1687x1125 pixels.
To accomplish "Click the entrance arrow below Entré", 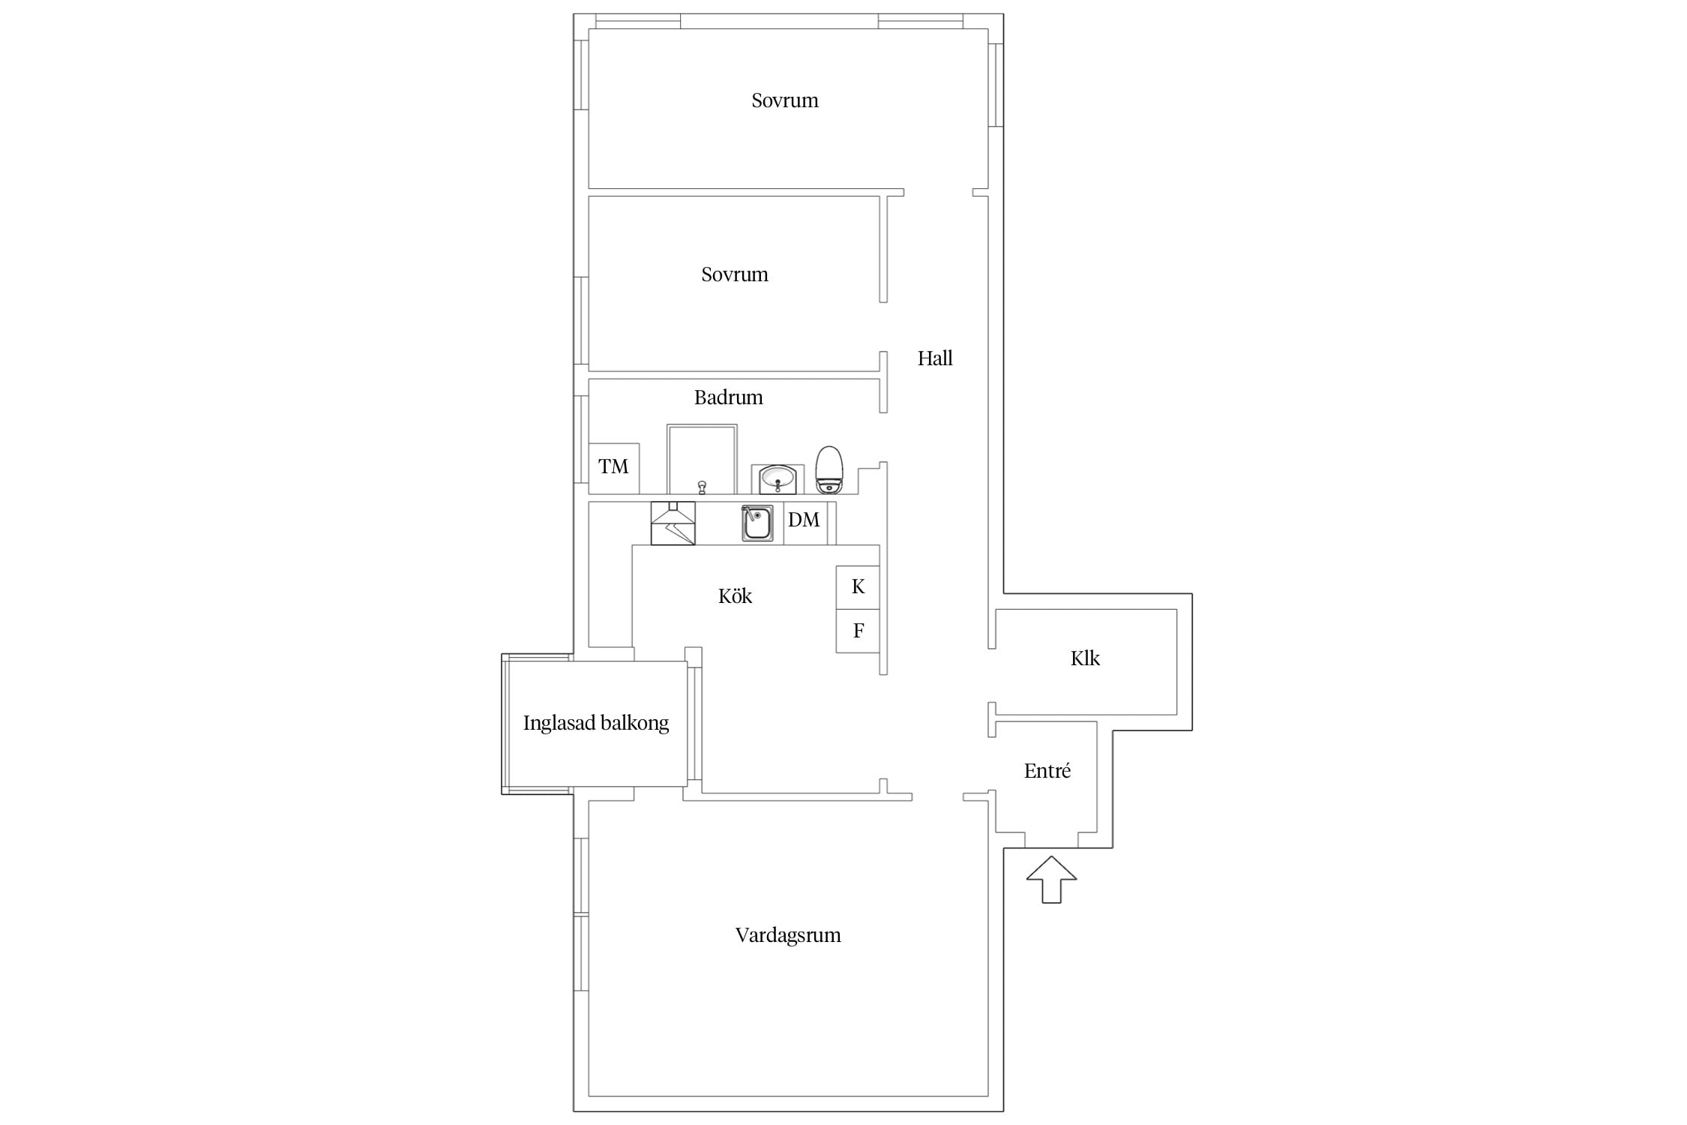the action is [x=1051, y=879].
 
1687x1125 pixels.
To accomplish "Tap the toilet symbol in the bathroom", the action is [x=829, y=470].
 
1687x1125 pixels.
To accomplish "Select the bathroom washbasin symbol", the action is [x=778, y=479].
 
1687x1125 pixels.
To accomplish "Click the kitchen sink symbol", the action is [x=757, y=523].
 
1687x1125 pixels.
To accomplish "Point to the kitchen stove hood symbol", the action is [x=673, y=523].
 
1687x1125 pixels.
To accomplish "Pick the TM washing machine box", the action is [x=614, y=468].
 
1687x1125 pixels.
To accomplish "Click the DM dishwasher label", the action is [x=804, y=520].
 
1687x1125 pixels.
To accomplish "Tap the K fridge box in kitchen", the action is [x=858, y=587].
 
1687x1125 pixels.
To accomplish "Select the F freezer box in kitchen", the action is [x=858, y=631].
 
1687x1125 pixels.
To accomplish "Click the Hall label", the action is [x=935, y=358].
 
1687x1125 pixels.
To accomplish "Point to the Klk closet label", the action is [x=1085, y=658].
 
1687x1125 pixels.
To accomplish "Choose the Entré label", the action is [x=1047, y=770].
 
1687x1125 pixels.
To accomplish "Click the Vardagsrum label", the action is [x=788, y=935].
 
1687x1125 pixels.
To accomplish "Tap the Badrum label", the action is [x=728, y=397].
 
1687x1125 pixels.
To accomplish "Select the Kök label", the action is [x=735, y=595].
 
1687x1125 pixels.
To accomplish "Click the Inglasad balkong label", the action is [x=596, y=723].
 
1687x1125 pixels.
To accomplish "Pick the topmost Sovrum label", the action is [x=785, y=100].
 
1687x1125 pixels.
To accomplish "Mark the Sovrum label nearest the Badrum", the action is [x=735, y=274].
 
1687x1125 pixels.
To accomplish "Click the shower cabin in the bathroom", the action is [x=702, y=459].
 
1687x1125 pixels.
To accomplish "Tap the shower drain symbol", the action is [x=702, y=487].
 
